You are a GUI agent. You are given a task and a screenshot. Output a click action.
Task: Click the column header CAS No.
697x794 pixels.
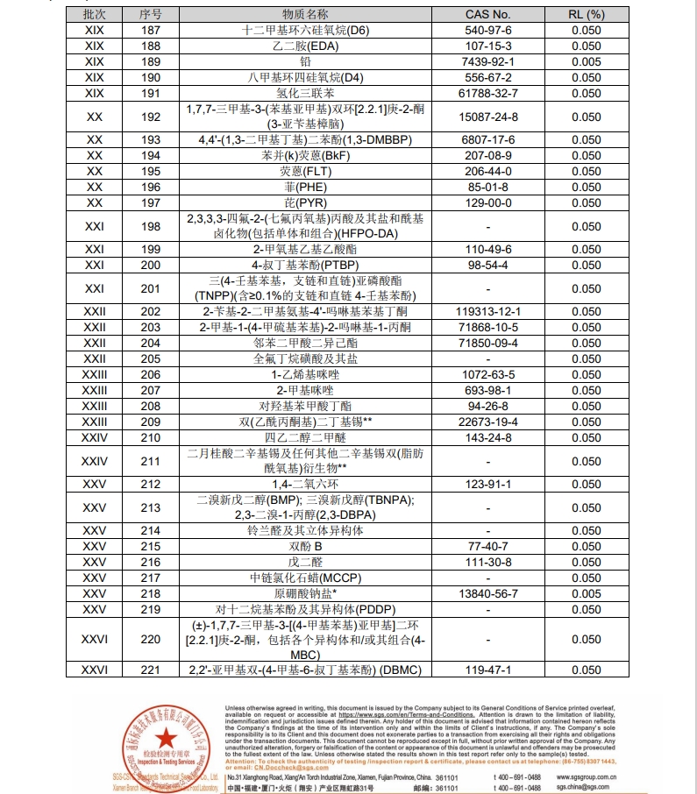tap(487, 14)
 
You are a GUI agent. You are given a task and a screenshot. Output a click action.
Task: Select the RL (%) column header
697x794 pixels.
tap(587, 14)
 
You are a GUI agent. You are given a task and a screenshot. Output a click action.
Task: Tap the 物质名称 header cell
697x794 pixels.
tap(305, 14)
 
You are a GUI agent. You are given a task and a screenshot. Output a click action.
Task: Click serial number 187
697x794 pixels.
tap(151, 30)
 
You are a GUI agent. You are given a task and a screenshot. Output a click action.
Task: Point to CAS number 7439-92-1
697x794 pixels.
tap(487, 61)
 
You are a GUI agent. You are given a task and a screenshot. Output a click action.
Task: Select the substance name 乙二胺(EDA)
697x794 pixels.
tap(305, 46)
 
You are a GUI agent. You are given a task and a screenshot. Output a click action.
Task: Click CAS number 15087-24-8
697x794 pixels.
tap(487, 117)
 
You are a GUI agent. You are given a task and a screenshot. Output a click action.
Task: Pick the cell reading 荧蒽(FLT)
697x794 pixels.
tap(305, 172)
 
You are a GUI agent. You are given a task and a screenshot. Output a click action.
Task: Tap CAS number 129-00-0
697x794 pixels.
tap(487, 203)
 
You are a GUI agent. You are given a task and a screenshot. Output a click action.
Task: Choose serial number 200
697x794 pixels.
tap(151, 265)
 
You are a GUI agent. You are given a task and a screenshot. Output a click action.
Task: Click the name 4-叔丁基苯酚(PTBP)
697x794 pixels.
tap(305, 265)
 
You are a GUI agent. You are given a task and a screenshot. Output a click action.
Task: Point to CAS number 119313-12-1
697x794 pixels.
tap(487, 312)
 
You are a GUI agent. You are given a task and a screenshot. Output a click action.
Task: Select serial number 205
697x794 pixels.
tap(151, 359)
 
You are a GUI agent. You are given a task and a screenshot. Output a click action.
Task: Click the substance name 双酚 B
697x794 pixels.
tap(305, 546)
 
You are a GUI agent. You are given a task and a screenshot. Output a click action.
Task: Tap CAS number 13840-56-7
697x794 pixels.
tap(487, 593)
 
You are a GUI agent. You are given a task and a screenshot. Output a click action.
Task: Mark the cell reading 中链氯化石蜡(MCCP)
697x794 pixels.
tap(305, 578)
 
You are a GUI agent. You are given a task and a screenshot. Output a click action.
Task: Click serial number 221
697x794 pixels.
tap(151, 670)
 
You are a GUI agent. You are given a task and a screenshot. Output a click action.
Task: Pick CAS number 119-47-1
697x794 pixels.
tap(487, 670)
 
